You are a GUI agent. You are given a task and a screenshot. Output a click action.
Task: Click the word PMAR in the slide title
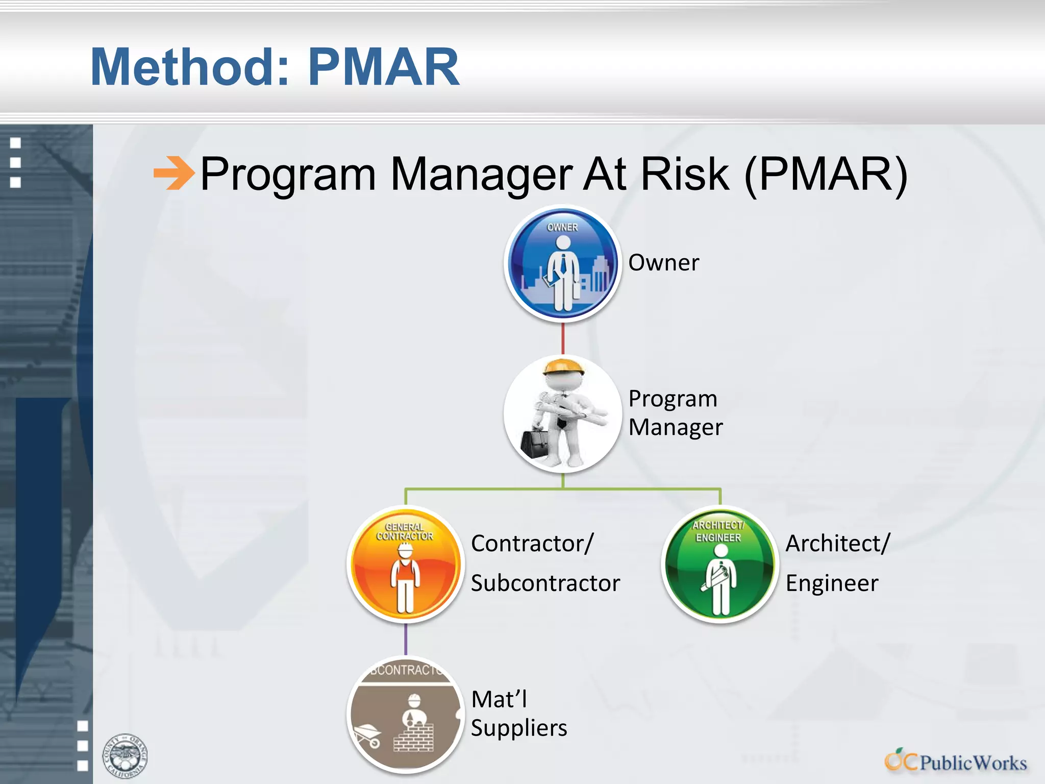click(384, 67)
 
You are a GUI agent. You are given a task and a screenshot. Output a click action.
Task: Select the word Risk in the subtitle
click(685, 174)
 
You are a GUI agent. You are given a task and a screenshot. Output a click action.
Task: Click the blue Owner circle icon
click(563, 263)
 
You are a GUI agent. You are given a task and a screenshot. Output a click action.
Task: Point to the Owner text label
click(663, 263)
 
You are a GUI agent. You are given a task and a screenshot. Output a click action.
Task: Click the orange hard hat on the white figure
click(563, 366)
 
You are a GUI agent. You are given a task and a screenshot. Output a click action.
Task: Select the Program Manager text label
click(675, 412)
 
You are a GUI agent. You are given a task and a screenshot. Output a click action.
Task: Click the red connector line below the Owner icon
click(563, 338)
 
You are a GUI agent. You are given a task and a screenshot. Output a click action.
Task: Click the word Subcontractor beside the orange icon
click(545, 583)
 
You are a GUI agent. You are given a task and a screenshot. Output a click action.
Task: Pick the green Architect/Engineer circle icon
click(719, 564)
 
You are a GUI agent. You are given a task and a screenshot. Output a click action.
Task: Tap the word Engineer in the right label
click(832, 583)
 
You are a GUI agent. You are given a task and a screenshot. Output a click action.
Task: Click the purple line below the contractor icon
click(406, 639)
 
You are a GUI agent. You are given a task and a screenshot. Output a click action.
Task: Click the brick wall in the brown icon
click(414, 738)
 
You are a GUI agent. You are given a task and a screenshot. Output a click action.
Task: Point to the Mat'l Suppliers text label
click(518, 714)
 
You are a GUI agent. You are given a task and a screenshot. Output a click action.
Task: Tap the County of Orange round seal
click(125, 756)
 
